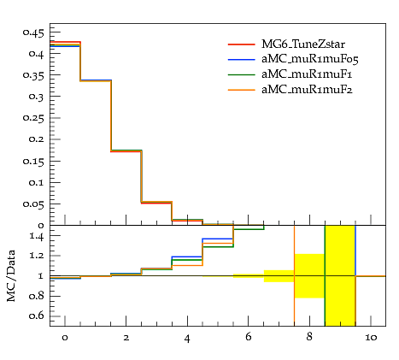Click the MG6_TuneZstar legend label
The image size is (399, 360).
(x=303, y=44)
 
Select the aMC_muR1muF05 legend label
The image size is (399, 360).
(x=310, y=59)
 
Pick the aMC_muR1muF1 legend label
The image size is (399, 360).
(x=307, y=74)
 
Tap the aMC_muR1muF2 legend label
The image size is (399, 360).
(x=307, y=90)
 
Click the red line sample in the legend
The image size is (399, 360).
(x=242, y=44)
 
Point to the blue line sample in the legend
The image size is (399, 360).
(x=242, y=60)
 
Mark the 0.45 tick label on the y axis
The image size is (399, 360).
(x=33, y=33)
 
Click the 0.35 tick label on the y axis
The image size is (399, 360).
(x=33, y=75)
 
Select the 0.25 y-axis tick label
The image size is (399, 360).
(x=33, y=118)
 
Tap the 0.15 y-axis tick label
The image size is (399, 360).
(x=33, y=162)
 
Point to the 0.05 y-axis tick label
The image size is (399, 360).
(x=33, y=204)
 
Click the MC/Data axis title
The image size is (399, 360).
(x=11, y=275)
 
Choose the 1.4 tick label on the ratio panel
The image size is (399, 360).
(x=37, y=236)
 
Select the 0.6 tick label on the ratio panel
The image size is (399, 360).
(x=37, y=316)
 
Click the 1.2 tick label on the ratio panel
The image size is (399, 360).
(x=37, y=256)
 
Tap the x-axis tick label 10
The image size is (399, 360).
(x=371, y=338)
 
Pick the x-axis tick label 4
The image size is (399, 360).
(x=187, y=339)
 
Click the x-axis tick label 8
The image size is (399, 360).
(x=309, y=337)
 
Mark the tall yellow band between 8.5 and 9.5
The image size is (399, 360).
(x=340, y=275)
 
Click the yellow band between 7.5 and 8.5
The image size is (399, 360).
(x=309, y=276)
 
